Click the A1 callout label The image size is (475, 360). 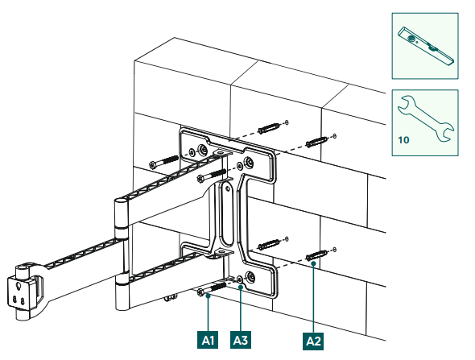coord(208,340)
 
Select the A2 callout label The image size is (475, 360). coord(312,340)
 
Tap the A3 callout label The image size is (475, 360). coord(241,340)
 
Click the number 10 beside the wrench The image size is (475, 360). coord(403,139)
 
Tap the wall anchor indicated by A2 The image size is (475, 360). coord(318,255)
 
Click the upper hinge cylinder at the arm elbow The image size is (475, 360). coord(120,216)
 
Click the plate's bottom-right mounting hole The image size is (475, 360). coord(251,278)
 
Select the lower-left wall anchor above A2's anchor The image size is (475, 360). coord(271,242)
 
